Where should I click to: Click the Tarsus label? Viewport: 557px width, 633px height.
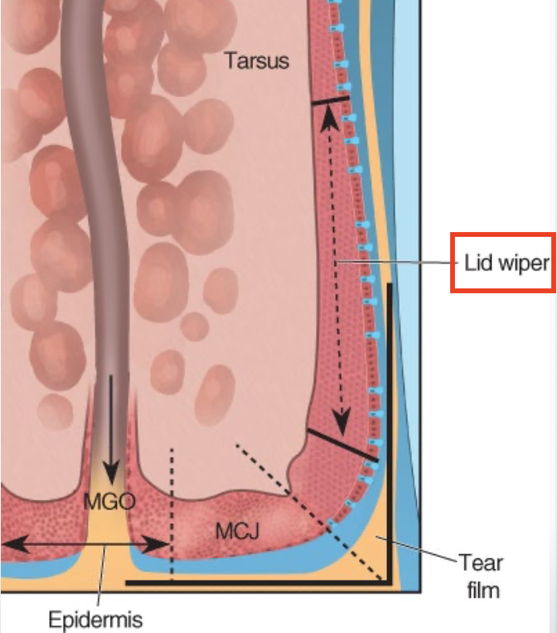click(256, 60)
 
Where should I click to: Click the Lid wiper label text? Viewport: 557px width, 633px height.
click(506, 263)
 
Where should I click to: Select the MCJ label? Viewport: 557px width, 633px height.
click(237, 531)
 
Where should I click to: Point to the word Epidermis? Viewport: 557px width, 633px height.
click(94, 619)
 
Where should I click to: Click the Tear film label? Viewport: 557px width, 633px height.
click(480, 577)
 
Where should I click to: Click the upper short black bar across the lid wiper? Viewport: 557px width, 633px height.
click(330, 99)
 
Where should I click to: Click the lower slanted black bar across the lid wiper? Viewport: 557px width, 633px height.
click(341, 445)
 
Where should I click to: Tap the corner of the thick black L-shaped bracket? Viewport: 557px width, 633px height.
click(388, 581)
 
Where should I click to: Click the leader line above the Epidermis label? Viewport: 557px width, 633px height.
click(101, 580)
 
